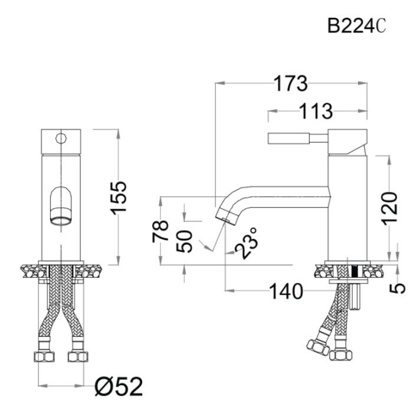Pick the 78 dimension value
(161, 231)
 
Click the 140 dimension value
(286, 291)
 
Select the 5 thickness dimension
(399, 288)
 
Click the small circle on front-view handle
(60, 139)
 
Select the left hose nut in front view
(44, 356)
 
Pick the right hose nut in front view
(76, 356)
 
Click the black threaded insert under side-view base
(355, 272)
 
